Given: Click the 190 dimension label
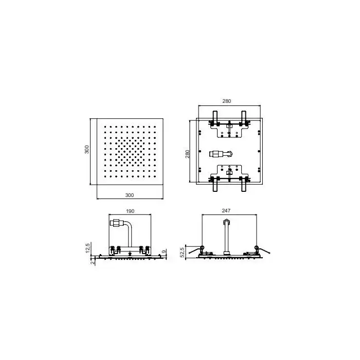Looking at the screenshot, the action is click(130, 211).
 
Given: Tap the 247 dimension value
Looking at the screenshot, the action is click(226, 210).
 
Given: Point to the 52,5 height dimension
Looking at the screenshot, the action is click(183, 252).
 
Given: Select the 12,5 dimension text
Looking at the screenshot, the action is click(87, 248).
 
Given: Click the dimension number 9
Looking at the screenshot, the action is click(164, 251).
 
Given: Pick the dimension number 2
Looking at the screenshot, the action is click(93, 262).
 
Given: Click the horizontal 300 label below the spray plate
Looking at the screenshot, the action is click(130, 195).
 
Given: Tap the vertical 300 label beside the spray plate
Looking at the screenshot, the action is click(87, 150).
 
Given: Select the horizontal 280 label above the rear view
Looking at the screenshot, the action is click(227, 101).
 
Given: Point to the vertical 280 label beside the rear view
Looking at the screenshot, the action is click(188, 154).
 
